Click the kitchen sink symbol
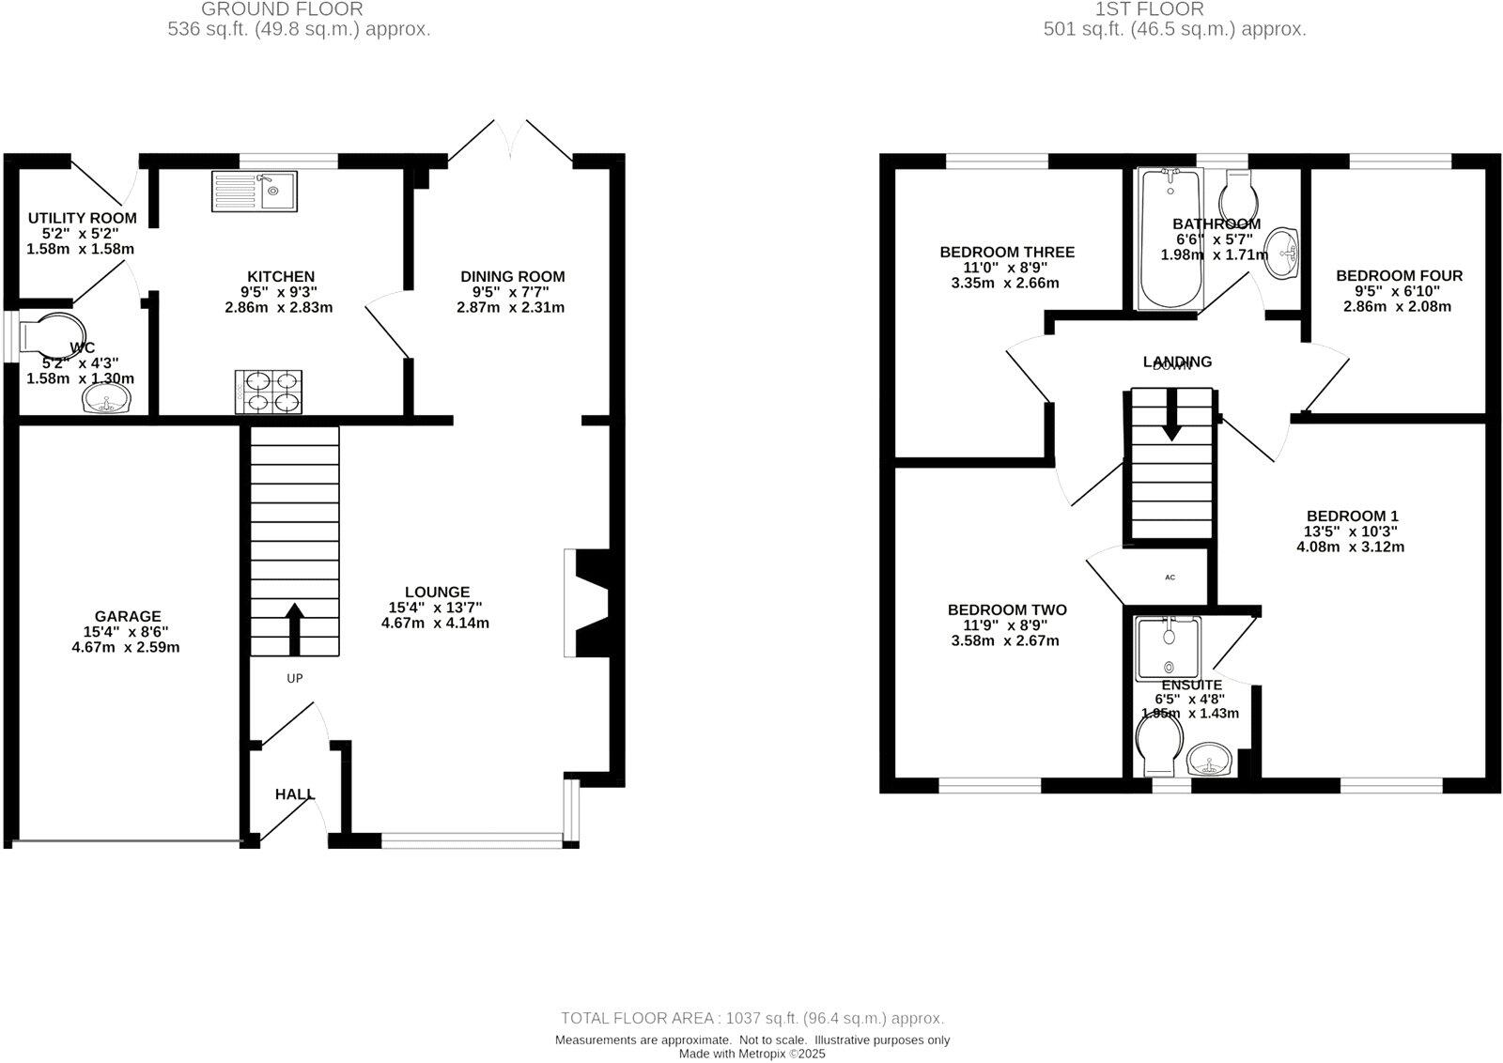point(255,191)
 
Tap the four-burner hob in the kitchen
point(269,392)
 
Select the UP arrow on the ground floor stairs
point(294,628)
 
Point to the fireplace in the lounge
point(590,603)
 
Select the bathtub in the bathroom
point(1170,239)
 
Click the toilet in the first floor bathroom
point(1239,194)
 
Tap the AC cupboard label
point(1170,578)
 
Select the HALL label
point(295,794)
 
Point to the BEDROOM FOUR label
point(1399,275)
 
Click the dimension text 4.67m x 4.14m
point(435,623)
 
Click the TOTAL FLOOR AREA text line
point(751,1018)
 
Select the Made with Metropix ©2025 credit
point(751,1054)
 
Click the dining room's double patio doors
point(509,141)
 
